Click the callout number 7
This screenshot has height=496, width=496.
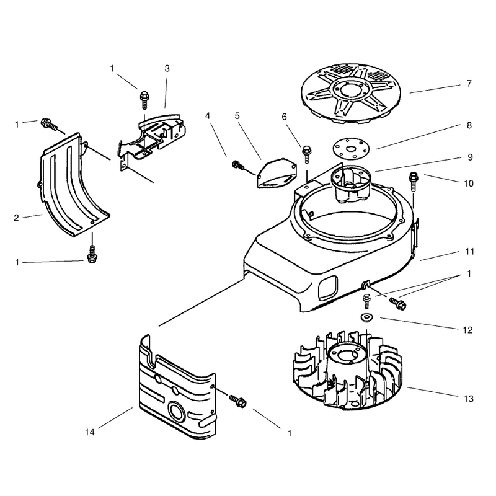click(x=469, y=84)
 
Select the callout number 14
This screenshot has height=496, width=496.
click(x=90, y=432)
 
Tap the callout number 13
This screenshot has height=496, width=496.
click(x=469, y=399)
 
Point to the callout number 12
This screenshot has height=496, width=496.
click(x=467, y=330)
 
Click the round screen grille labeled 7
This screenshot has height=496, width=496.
click(x=350, y=94)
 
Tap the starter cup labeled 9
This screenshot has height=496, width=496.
click(x=351, y=184)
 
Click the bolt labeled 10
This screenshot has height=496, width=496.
click(x=414, y=181)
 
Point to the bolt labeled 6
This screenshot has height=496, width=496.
click(x=306, y=154)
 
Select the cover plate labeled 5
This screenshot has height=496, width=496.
click(x=277, y=174)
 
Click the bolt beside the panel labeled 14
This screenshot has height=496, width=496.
click(x=238, y=401)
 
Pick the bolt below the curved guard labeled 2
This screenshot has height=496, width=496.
click(x=92, y=255)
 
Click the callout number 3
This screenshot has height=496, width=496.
click(x=167, y=69)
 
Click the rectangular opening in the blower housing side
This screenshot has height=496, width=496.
click(x=328, y=287)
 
